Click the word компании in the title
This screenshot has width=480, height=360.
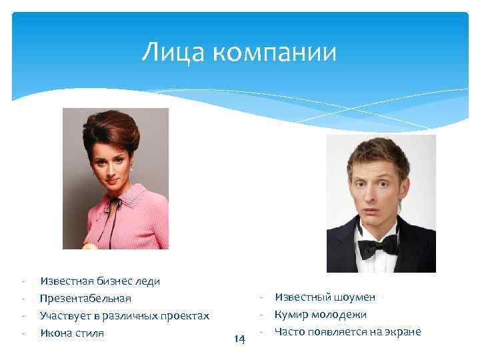coord(275,53)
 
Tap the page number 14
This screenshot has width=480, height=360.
coord(240,339)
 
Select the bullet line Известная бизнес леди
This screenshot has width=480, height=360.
coord(100,281)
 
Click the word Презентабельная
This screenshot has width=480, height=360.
coord(85,298)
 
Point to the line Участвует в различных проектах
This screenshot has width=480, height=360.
coord(125,315)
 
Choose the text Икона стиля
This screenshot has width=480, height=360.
coord(72,333)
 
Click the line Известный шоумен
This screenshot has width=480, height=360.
coord(325,297)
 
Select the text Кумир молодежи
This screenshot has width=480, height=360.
coord(320,314)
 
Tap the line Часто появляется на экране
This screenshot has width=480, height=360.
coord(347,331)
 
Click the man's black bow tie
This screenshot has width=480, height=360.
coord(377,247)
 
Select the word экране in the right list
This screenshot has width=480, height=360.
coord(402,331)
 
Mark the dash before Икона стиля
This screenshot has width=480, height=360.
coord(23,333)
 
